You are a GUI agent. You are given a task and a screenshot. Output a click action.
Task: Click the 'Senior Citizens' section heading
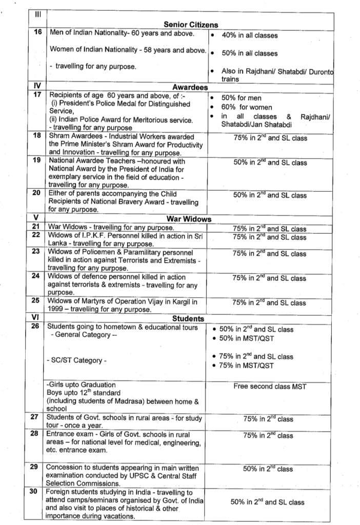(x=191, y=25)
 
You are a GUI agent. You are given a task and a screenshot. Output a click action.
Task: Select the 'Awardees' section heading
(x=190, y=88)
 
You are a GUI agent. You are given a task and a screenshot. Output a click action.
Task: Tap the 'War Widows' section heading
(x=190, y=219)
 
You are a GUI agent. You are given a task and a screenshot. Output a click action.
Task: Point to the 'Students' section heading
(x=188, y=318)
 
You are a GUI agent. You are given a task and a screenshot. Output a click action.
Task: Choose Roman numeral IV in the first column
(x=36, y=86)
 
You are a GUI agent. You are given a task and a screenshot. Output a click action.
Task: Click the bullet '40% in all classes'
(x=249, y=35)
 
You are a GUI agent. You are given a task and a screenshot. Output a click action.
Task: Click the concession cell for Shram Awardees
(x=270, y=138)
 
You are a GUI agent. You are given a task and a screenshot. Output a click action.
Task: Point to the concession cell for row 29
(x=268, y=469)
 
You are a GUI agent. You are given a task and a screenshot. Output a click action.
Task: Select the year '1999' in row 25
(x=58, y=309)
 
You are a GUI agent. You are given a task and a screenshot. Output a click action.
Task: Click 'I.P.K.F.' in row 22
(x=90, y=235)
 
